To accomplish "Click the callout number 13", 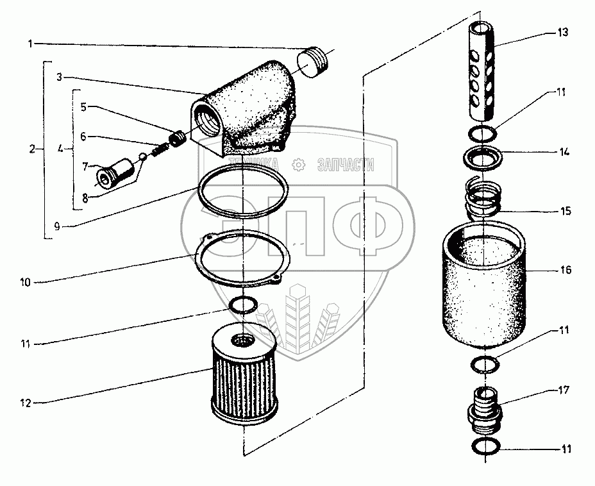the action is click(562, 32).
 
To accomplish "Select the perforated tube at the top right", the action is click(481, 71).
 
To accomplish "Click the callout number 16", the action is click(566, 270).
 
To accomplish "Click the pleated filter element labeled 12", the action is click(244, 376).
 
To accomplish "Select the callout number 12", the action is click(25, 403).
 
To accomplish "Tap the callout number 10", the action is click(25, 282).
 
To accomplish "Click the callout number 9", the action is click(57, 226).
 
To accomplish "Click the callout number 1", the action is click(30, 44).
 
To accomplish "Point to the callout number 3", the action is click(59, 77).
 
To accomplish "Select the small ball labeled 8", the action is click(143, 156).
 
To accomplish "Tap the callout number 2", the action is click(32, 149).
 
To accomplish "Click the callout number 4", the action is click(60, 149).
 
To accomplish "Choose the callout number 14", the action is click(564, 152).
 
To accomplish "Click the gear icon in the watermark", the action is click(299, 165).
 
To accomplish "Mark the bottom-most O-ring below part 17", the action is click(486, 446).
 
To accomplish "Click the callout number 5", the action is click(83, 106).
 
